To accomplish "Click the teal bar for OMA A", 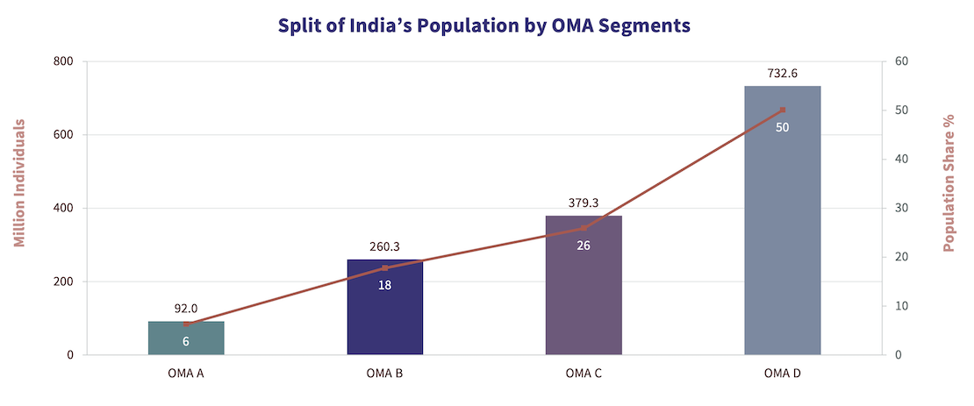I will coord(186,338).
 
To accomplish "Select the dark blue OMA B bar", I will coord(384,307).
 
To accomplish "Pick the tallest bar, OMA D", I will coord(782,220).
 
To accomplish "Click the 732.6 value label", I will coord(782,74).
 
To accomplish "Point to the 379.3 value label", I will coord(584,203).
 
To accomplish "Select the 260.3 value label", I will coord(384,246).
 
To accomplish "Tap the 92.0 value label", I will coord(186,308).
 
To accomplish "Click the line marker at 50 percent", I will coord(782,110).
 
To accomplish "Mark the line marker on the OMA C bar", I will coord(584,228).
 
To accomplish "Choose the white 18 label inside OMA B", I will coord(384,284).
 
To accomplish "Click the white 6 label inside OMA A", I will coord(186,341).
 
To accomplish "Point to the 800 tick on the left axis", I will coord(62,61).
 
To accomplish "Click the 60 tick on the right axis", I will coord(900,61).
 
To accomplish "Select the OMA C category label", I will coord(584,374).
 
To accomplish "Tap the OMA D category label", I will coord(782,374).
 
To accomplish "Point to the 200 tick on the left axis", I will coord(62,281).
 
